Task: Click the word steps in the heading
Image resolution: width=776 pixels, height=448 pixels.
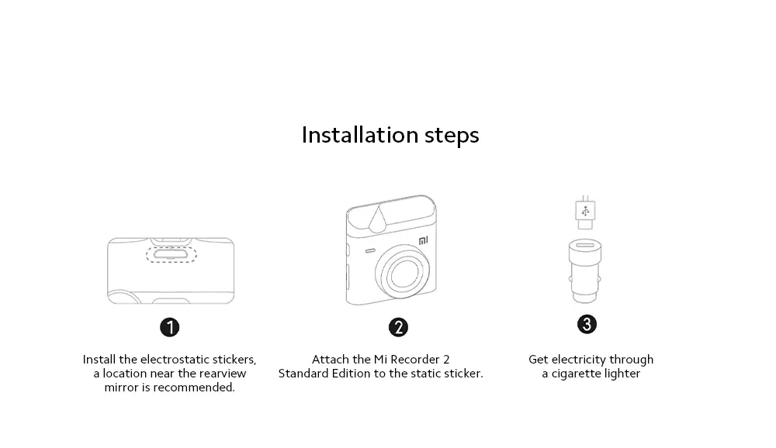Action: point(452,136)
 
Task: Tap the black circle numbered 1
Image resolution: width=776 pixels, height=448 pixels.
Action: point(170,327)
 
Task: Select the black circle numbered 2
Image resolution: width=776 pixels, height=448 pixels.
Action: point(398,327)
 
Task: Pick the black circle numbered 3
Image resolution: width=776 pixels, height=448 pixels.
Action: point(587,325)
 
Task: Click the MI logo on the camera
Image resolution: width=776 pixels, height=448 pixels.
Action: point(424,241)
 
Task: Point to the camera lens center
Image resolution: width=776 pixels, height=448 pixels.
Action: point(402,272)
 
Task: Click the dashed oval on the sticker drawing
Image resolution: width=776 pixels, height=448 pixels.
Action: point(171,254)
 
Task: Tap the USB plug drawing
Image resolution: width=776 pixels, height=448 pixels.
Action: point(585,212)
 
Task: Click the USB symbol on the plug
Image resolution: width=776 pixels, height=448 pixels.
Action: point(585,212)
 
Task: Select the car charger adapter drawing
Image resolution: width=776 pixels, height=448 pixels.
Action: point(585,271)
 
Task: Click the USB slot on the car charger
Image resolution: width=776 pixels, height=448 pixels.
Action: point(585,245)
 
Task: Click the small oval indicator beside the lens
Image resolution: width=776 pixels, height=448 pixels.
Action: point(370,251)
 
